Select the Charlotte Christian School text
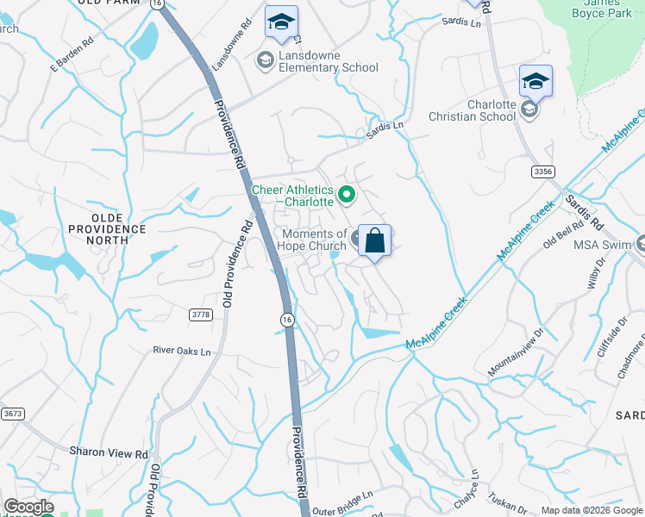(x=479, y=110)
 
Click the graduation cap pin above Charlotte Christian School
(x=535, y=82)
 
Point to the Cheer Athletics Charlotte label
(x=291, y=196)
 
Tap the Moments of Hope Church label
(x=314, y=240)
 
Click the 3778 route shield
(x=200, y=315)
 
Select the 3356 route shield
(x=542, y=172)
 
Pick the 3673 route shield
(x=13, y=414)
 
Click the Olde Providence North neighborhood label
(x=108, y=235)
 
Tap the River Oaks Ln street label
(x=181, y=352)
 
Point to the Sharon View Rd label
(x=109, y=452)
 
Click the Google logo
(x=28, y=507)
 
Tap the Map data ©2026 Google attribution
(x=592, y=510)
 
